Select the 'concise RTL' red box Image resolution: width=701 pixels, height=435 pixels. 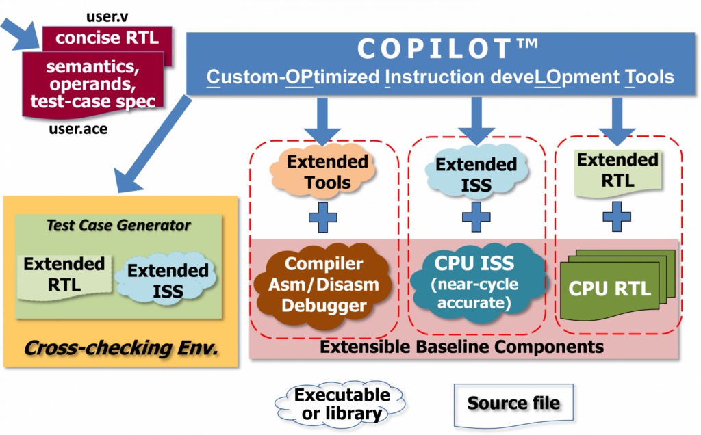click(x=107, y=38)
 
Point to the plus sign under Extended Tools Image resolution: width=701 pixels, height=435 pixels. click(x=323, y=218)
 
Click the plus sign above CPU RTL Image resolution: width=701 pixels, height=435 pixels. click(x=617, y=217)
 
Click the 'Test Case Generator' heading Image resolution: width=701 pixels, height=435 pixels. click(x=118, y=225)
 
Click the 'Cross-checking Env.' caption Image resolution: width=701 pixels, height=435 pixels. click(x=120, y=347)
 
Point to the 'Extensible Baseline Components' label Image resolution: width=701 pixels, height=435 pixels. click(x=461, y=347)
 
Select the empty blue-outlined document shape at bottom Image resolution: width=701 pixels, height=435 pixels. click(x=513, y=404)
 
